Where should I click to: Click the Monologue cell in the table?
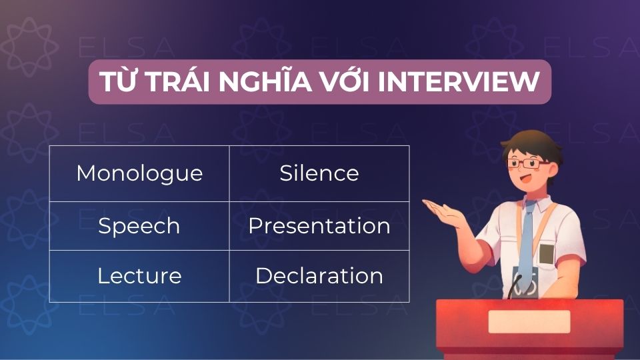click(139, 173)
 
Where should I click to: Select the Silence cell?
click(319, 173)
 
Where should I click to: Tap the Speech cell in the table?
click(139, 226)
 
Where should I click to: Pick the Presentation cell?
click(319, 226)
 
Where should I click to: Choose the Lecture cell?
click(139, 276)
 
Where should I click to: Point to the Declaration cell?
click(319, 276)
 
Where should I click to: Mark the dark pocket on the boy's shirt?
click(547, 254)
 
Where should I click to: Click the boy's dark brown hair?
click(527, 141)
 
